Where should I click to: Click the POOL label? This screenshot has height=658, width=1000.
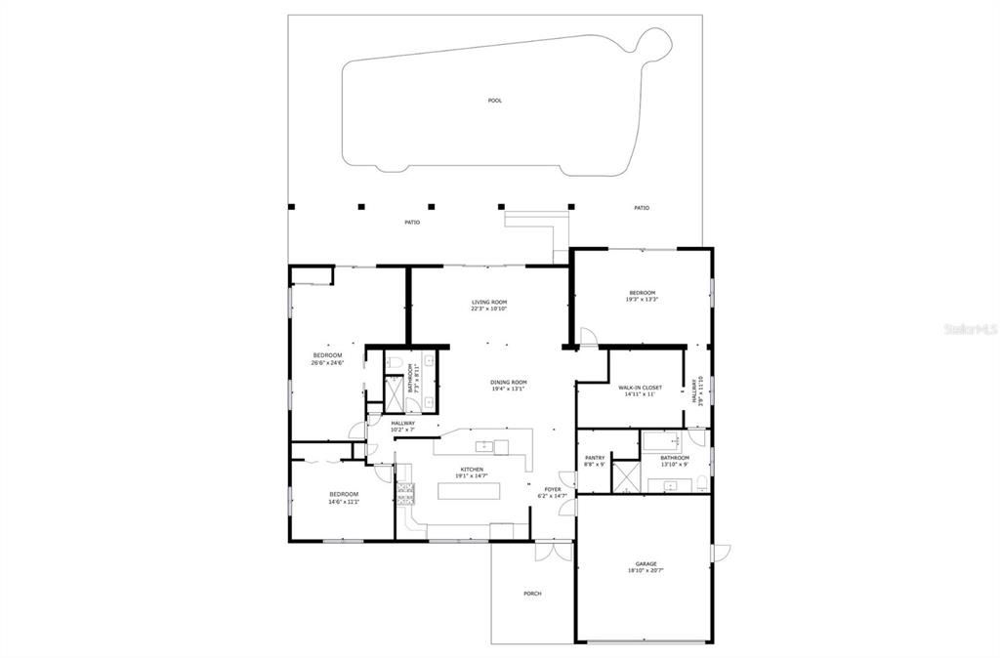coord(495,101)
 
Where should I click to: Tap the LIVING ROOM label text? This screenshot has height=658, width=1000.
coord(489,303)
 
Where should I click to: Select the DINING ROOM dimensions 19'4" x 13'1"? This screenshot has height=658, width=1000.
coord(508,389)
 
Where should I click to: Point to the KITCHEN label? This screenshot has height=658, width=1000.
coord(473,470)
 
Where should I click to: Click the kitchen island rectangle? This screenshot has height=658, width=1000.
coord(474,490)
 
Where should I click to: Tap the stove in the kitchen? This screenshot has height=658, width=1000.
coord(404,493)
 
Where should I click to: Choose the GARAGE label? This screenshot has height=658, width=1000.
coord(646,563)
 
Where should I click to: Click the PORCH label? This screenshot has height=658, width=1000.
coord(532,594)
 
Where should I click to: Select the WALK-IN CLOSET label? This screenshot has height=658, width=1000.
coord(640,388)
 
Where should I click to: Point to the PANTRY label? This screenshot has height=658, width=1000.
coord(595,457)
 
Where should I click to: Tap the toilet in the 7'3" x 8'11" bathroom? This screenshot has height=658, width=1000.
coord(393,363)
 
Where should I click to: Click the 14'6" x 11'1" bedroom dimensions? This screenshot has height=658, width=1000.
coord(343,502)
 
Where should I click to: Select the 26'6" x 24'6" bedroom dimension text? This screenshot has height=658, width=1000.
coord(327,363)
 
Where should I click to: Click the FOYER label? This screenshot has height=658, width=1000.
coord(553,489)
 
